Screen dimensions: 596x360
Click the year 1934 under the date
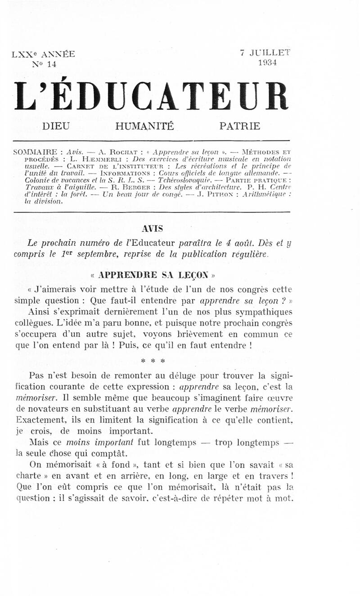pyautogui.click(x=267, y=63)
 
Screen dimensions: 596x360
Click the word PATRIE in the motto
pyautogui.click(x=239, y=126)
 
